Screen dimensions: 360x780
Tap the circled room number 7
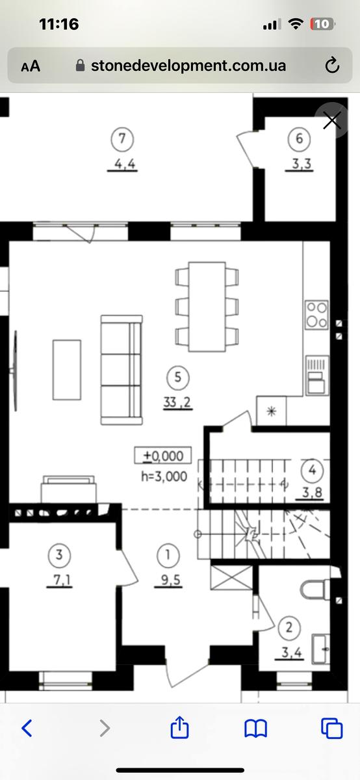pyautogui.click(x=122, y=138)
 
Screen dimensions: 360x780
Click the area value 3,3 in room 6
pyautogui.click(x=301, y=164)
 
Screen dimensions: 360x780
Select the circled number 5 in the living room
pyautogui.click(x=178, y=377)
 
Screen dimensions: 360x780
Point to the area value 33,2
pyautogui.click(x=177, y=402)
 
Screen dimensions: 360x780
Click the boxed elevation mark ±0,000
pyautogui.click(x=163, y=456)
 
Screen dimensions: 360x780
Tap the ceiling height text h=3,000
pyautogui.click(x=164, y=476)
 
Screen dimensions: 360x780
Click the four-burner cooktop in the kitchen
pyautogui.click(x=317, y=315)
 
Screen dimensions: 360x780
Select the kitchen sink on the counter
pyautogui.click(x=317, y=376)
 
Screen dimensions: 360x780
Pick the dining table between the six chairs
pyautogui.click(x=207, y=307)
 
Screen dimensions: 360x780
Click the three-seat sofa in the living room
pyautogui.click(x=122, y=370)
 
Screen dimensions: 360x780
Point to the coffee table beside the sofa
pyautogui.click(x=67, y=370)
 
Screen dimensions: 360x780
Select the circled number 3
pyautogui.click(x=59, y=554)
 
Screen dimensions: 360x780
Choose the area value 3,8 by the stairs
pyautogui.click(x=312, y=493)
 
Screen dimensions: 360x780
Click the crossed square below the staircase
pyautogui.click(x=231, y=578)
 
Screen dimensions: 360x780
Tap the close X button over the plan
pyautogui.click(x=332, y=120)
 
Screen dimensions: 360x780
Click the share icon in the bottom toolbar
pyautogui.click(x=179, y=727)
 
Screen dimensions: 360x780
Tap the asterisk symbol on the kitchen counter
pyautogui.click(x=271, y=411)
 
